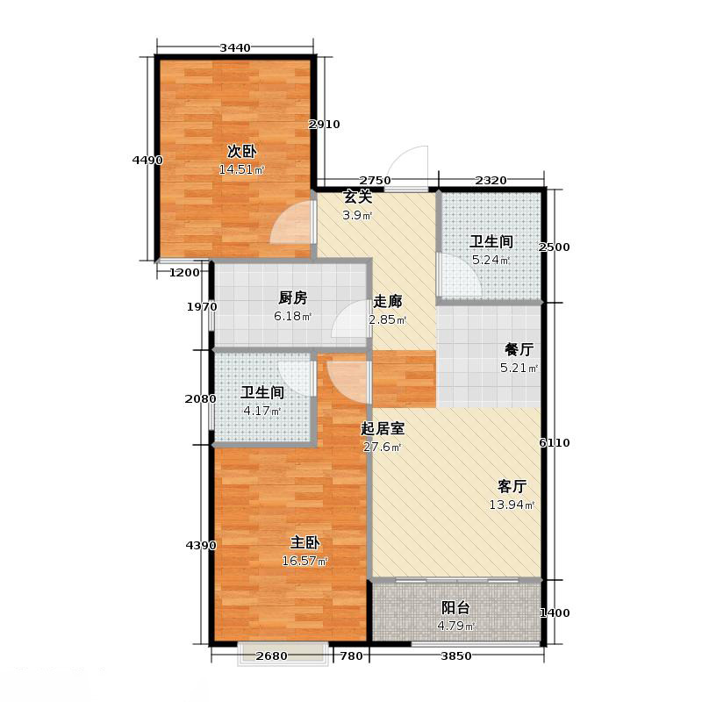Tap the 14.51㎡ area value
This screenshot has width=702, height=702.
point(242,170)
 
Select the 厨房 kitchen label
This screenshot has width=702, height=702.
point(269,297)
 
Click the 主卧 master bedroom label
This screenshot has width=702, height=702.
point(304,541)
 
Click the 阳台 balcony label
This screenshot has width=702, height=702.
point(455,607)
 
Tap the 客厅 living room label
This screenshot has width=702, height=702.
point(512,485)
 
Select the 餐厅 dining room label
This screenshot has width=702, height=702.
point(519,349)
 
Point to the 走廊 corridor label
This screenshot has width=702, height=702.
point(387,301)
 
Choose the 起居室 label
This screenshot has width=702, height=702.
point(383,429)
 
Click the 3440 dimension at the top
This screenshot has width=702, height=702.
point(235,47)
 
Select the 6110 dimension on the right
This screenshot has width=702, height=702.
point(555,443)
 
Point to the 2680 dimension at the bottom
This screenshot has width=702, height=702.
point(273,656)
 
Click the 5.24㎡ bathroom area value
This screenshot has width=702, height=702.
point(491,261)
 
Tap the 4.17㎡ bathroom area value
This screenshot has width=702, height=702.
point(261,411)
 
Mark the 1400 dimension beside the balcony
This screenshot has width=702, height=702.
point(555,612)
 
